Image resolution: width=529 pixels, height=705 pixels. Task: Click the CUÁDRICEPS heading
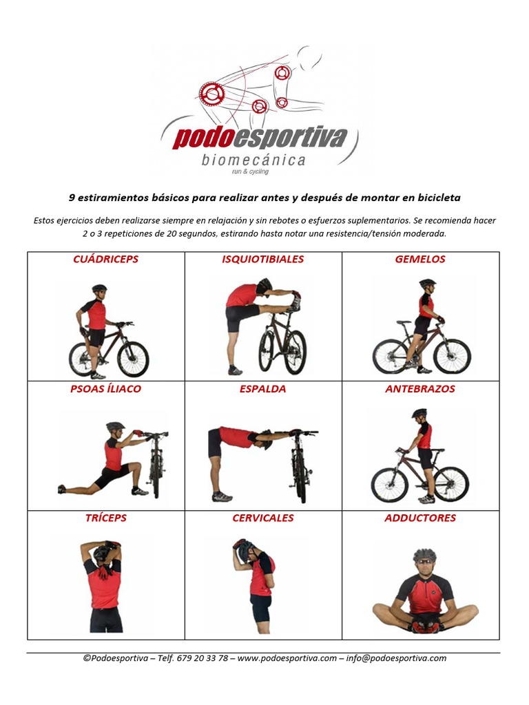point(105,259)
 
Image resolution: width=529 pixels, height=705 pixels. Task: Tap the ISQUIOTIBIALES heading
point(262,259)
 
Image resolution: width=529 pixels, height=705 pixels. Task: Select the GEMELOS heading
point(420,259)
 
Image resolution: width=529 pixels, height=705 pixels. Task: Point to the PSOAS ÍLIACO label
point(105,388)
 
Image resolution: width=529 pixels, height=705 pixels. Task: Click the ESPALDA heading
point(262,389)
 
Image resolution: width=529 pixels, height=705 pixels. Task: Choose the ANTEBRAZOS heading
point(420,389)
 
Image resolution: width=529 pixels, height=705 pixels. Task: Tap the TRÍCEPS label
point(105,518)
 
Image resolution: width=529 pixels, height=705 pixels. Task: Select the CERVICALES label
point(262,518)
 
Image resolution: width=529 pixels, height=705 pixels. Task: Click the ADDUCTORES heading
point(420,518)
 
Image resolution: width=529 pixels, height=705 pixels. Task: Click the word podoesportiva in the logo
point(260,138)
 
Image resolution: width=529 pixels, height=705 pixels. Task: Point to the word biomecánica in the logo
point(253,160)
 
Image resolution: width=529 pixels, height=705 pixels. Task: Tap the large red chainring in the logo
point(212,94)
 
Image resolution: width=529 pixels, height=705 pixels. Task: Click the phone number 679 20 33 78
point(203,658)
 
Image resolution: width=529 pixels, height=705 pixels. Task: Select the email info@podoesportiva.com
point(396,658)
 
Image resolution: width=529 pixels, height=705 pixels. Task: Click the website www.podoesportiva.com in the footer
point(287,658)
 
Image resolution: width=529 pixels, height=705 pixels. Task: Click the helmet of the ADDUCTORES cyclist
point(424,554)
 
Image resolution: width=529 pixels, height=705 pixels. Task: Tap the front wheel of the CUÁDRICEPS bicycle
point(133,359)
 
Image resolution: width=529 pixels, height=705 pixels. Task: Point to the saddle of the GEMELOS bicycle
point(404,322)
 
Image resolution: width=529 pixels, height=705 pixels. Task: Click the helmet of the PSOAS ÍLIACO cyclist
point(115,425)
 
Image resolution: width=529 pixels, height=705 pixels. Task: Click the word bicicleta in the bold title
point(439,198)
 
